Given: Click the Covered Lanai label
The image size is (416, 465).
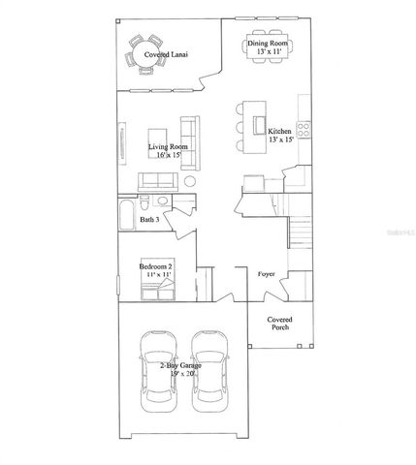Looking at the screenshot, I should (x=166, y=55).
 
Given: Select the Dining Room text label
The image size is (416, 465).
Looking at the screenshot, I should (x=267, y=43).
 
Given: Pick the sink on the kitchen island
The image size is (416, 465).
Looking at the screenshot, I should (x=259, y=124).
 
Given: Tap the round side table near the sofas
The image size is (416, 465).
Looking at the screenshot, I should (x=191, y=181).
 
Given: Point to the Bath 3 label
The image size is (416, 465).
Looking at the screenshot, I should (x=149, y=221).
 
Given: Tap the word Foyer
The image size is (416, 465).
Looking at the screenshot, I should (x=266, y=274).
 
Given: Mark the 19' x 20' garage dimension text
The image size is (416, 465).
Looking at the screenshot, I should (x=181, y=374).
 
